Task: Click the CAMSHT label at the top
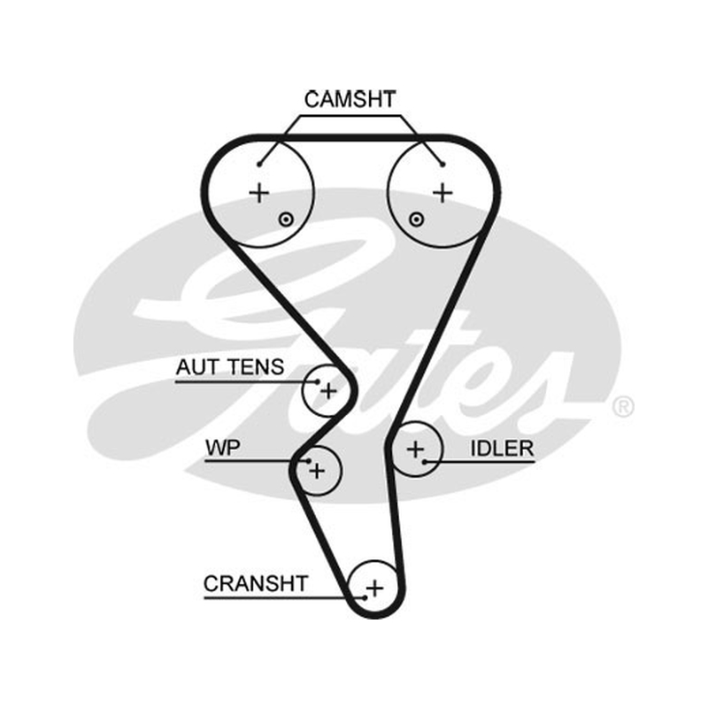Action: pos(350,99)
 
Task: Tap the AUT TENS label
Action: pos(230,366)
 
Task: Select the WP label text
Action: pos(223,448)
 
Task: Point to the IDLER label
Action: pos(502,449)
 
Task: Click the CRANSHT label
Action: pos(256,583)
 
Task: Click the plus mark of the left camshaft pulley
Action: pos(259,193)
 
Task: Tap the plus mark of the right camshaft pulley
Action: pos(443,193)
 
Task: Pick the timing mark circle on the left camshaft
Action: pos(286,219)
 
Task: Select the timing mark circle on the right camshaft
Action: pos(416,219)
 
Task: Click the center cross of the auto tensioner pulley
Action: pos(328,390)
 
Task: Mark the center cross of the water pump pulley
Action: pos(317,471)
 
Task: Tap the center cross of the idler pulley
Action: pos(415,450)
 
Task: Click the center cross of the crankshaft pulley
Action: pos(374,589)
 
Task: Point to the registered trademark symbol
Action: pos(623,406)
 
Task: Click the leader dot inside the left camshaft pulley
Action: pos(259,165)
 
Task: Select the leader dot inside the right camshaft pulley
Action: pos(443,165)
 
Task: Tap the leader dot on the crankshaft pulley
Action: pos(365,598)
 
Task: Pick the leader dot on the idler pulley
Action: pos(425,461)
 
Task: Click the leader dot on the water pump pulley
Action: pos(309,461)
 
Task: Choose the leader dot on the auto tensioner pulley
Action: pos(318,382)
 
